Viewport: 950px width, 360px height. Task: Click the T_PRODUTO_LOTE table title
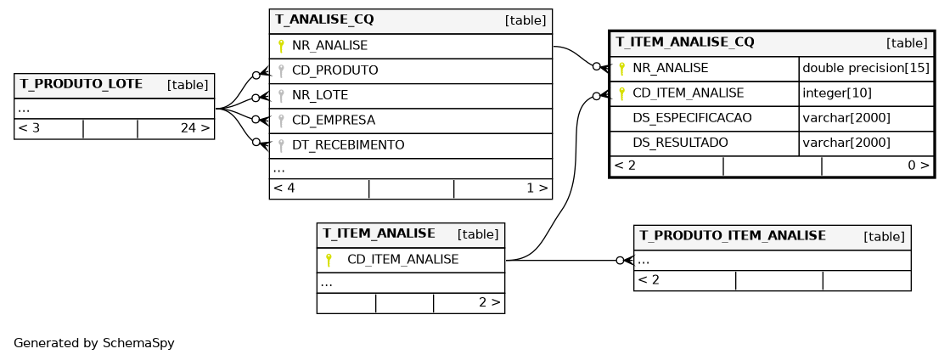click(x=82, y=84)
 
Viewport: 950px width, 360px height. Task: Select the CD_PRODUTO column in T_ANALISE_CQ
click(x=335, y=70)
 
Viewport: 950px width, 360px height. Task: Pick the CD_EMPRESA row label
click(x=334, y=120)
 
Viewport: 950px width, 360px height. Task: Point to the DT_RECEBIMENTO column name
click(x=348, y=145)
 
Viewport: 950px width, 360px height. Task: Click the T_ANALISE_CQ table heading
click(x=325, y=20)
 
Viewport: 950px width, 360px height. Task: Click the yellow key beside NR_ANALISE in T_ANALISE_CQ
click(x=280, y=46)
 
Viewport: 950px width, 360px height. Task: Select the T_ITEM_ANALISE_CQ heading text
click(x=685, y=42)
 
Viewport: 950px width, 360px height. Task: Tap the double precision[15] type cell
click(x=866, y=68)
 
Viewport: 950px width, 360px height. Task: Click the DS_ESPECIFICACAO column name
click(x=692, y=117)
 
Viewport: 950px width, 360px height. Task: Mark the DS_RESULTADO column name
click(x=680, y=143)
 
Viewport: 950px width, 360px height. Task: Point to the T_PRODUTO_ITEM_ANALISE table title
click(x=734, y=235)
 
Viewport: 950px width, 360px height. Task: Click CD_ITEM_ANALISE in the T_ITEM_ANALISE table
click(x=403, y=260)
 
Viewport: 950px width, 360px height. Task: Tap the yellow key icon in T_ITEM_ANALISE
click(x=329, y=260)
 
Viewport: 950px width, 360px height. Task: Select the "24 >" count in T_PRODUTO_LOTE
click(x=195, y=128)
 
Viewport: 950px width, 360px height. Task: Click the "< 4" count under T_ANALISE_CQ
click(x=284, y=188)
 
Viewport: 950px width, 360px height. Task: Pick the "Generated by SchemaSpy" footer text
click(x=94, y=343)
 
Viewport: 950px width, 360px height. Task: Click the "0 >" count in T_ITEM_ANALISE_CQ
click(x=919, y=165)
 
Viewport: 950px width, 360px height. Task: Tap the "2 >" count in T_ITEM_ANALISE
click(x=490, y=301)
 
